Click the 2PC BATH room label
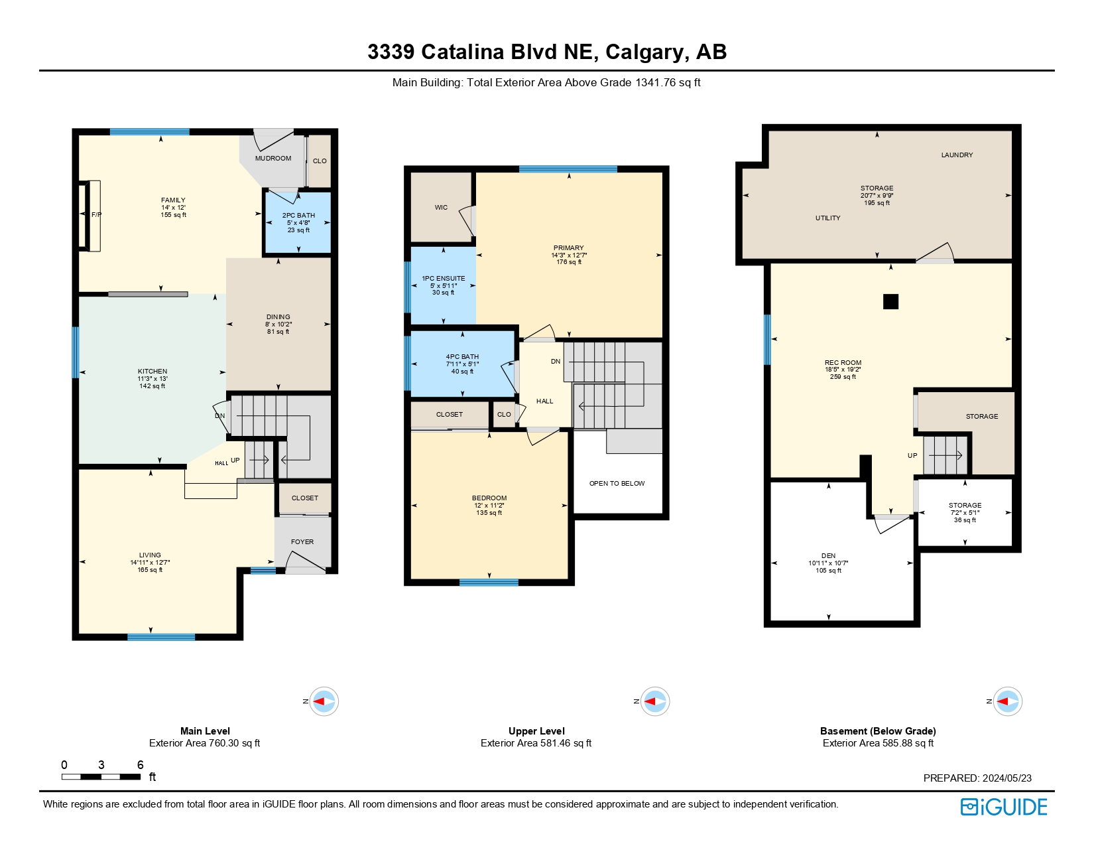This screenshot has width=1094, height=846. [298, 216]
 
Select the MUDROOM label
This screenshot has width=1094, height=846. [273, 159]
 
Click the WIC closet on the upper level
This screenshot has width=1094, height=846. [441, 208]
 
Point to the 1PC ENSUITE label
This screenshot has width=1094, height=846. [443, 279]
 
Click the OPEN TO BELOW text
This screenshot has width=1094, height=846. [617, 484]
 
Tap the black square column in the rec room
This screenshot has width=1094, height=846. [890, 302]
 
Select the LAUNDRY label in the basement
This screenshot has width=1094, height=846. [957, 155]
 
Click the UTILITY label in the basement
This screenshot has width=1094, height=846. [827, 218]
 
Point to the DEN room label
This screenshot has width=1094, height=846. [828, 556]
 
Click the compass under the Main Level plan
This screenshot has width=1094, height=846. [324, 701]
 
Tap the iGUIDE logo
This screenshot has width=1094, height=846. [1004, 807]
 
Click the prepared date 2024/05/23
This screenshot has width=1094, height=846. [1006, 778]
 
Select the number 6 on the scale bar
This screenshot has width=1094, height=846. [140, 765]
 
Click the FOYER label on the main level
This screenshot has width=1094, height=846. [302, 542]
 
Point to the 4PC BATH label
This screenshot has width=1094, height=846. [462, 357]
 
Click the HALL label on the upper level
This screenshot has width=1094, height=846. [544, 401]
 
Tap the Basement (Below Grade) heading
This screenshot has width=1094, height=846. [878, 731]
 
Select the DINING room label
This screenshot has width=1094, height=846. [278, 317]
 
